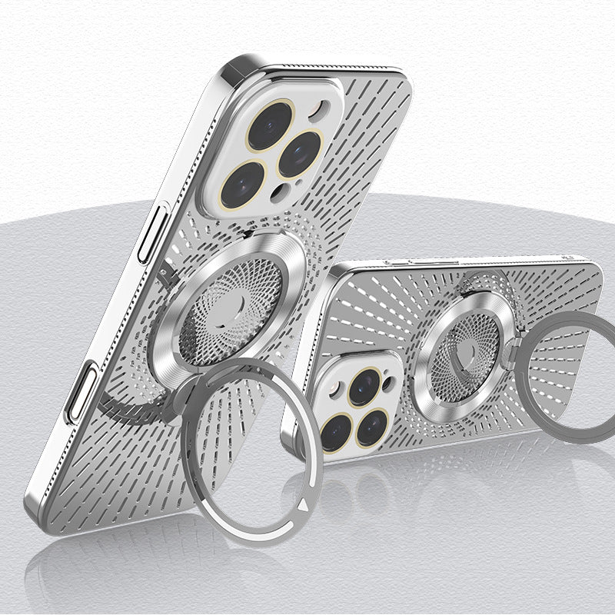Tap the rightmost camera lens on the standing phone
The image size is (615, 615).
[300, 153]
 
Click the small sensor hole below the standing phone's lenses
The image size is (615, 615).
[285, 191]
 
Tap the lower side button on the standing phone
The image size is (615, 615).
[82, 393]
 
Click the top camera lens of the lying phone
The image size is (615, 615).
[364, 387]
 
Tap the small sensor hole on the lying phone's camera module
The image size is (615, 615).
[391, 380]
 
